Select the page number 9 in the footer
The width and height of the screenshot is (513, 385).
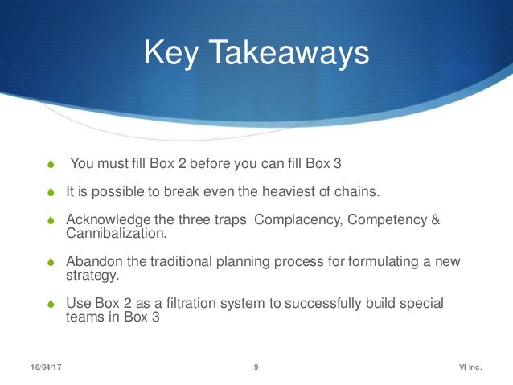click(256, 367)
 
